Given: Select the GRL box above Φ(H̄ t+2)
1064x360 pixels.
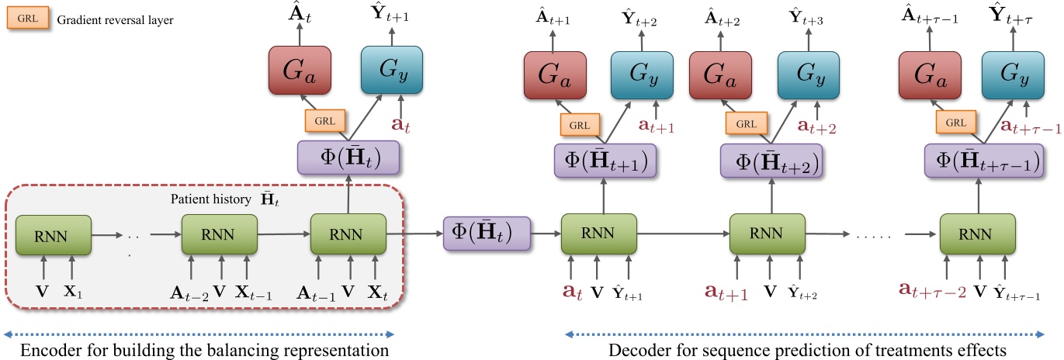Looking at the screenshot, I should [746, 122].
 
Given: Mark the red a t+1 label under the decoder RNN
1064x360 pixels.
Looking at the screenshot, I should [725, 293].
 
